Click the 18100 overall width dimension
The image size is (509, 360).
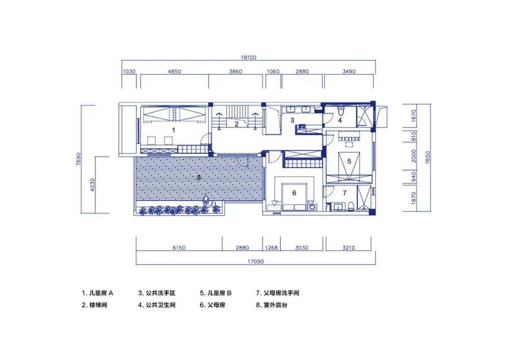(248, 58)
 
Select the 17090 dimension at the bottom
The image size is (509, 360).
(256, 261)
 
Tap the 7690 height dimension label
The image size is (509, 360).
(78, 159)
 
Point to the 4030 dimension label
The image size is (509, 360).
(93, 185)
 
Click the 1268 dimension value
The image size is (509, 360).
(271, 247)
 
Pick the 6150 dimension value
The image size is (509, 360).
(179, 247)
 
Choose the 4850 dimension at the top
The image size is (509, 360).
(174, 71)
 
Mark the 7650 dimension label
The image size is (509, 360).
(428, 157)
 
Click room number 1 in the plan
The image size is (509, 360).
(174, 130)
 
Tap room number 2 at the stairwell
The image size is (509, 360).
(237, 124)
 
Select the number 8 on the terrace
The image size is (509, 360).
(199, 178)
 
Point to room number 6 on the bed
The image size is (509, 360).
(294, 193)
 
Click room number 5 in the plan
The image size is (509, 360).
(349, 161)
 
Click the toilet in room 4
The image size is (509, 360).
(341, 111)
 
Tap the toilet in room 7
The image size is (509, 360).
(351, 206)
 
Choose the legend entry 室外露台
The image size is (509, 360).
(275, 305)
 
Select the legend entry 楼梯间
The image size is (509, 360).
(98, 305)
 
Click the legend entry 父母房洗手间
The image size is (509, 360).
(281, 293)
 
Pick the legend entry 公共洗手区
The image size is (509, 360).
(160, 293)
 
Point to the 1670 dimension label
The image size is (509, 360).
(413, 116)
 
